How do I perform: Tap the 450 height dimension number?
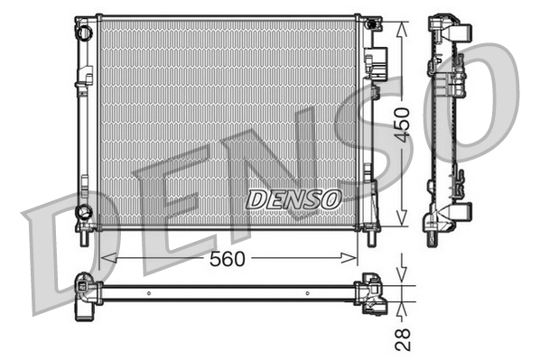[404, 122]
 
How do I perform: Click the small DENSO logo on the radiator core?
[293, 197]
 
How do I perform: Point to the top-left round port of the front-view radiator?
[84, 32]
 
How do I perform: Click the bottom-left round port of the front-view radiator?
[84, 213]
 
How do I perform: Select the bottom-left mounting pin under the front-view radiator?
[82, 238]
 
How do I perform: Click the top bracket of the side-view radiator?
[449, 27]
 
